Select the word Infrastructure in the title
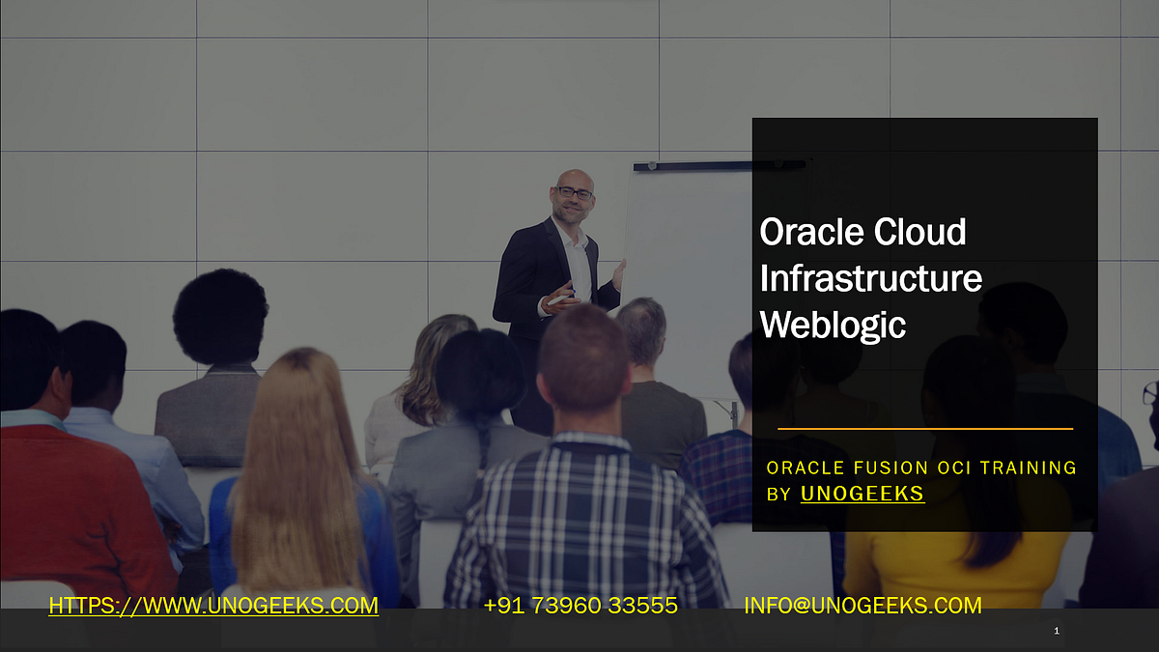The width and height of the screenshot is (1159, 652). pyautogui.click(x=870, y=278)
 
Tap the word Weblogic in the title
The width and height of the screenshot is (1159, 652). pyautogui.click(x=833, y=325)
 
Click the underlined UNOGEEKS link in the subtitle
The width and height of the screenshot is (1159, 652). pyautogui.click(x=862, y=494)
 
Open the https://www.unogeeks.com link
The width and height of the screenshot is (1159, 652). pyautogui.click(x=213, y=606)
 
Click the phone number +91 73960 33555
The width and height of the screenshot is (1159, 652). pyautogui.click(x=580, y=606)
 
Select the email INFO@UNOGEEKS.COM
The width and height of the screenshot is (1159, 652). pyautogui.click(x=862, y=606)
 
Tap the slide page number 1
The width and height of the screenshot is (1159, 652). pyautogui.click(x=1057, y=631)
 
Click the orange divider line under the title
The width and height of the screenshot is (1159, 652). pyautogui.click(x=924, y=428)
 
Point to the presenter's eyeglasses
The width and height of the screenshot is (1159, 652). pyautogui.click(x=575, y=193)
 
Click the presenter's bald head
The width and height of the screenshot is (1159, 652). pyautogui.click(x=574, y=178)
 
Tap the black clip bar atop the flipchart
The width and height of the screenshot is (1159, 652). pyautogui.click(x=720, y=166)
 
